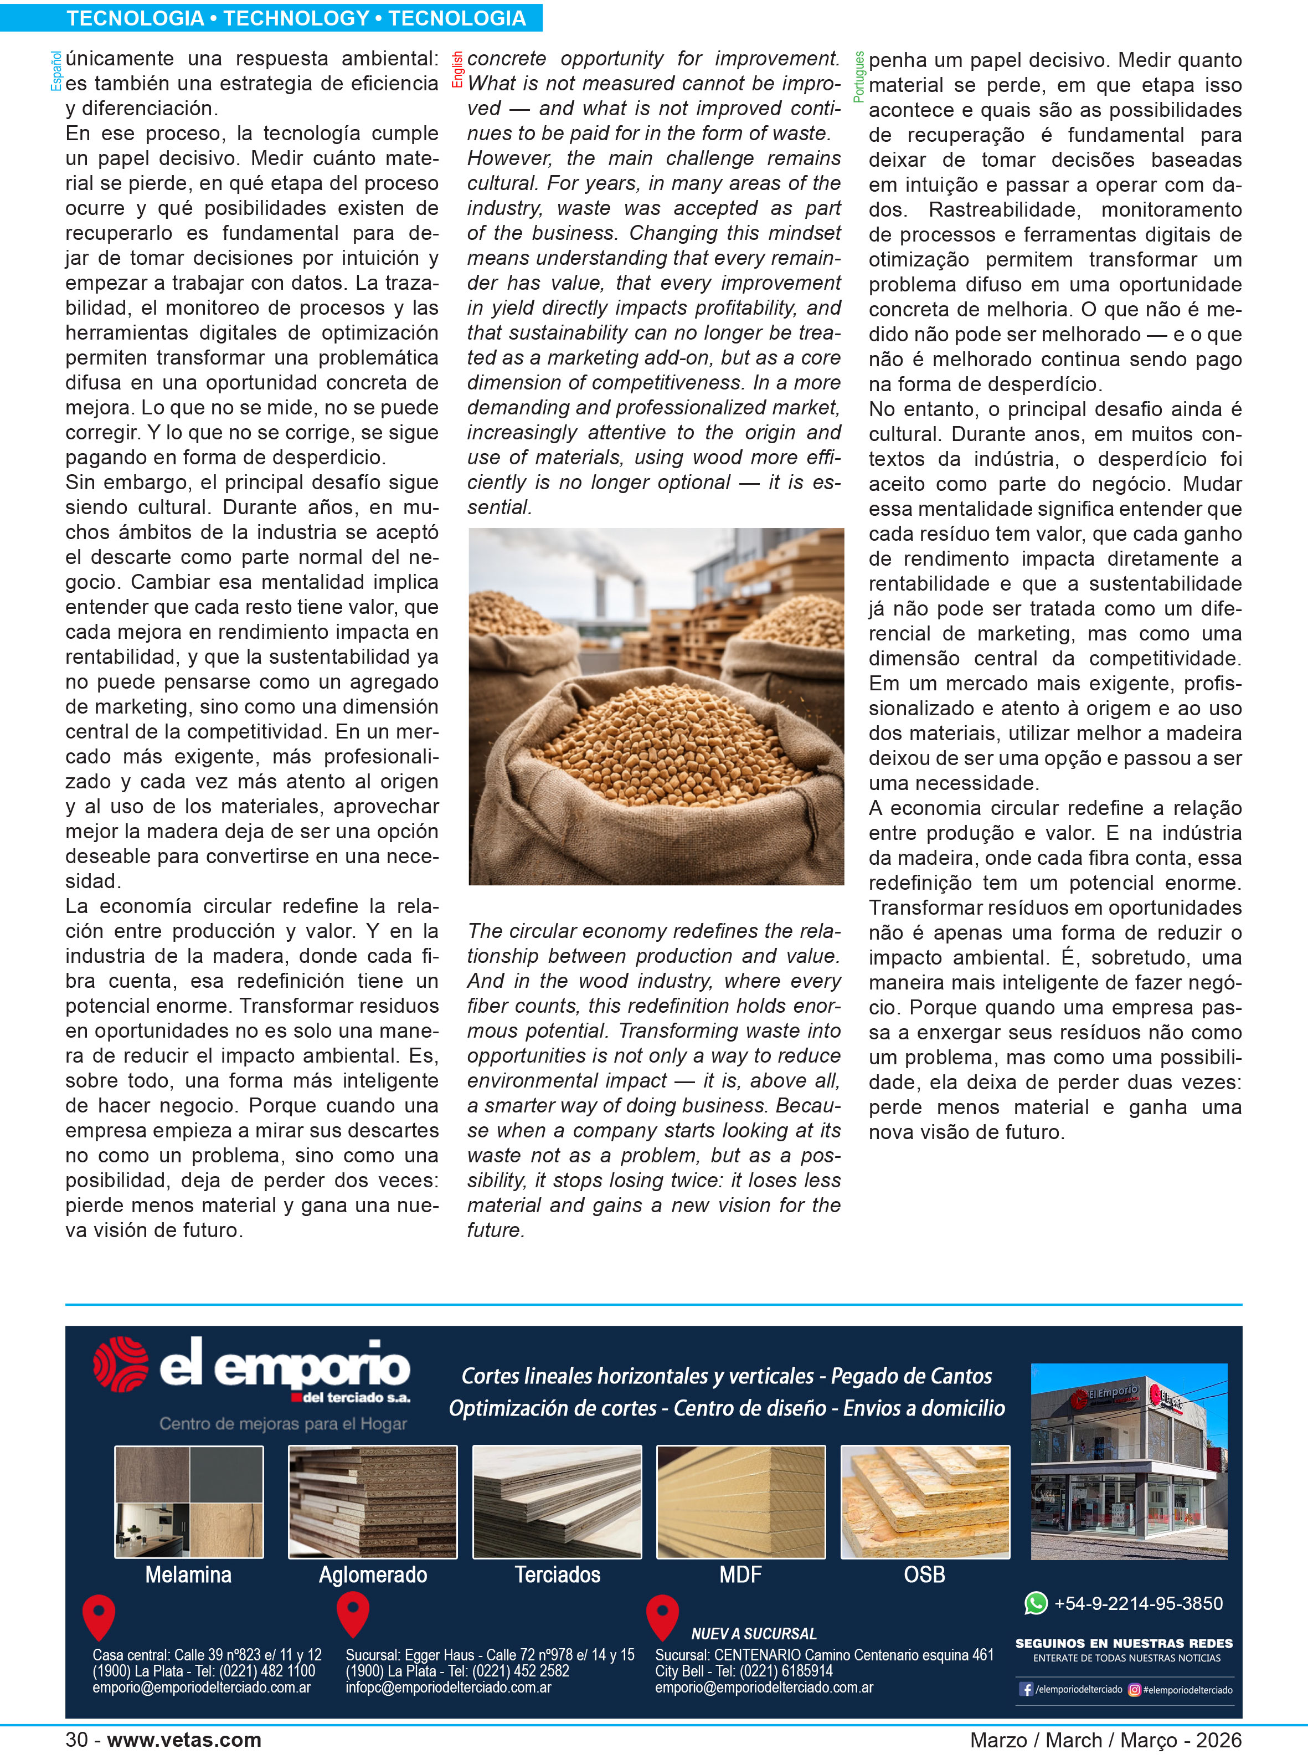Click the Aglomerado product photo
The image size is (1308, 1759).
[372, 1501]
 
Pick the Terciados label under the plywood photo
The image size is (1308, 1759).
[558, 1575]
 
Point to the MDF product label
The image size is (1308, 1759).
[740, 1575]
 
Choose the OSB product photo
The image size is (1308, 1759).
[925, 1501]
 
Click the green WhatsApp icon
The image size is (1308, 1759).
[1036, 1603]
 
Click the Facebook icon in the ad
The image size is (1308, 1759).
[1026, 1689]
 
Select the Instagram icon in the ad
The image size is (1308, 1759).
[1134, 1689]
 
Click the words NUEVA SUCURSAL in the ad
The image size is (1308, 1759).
[753, 1633]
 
